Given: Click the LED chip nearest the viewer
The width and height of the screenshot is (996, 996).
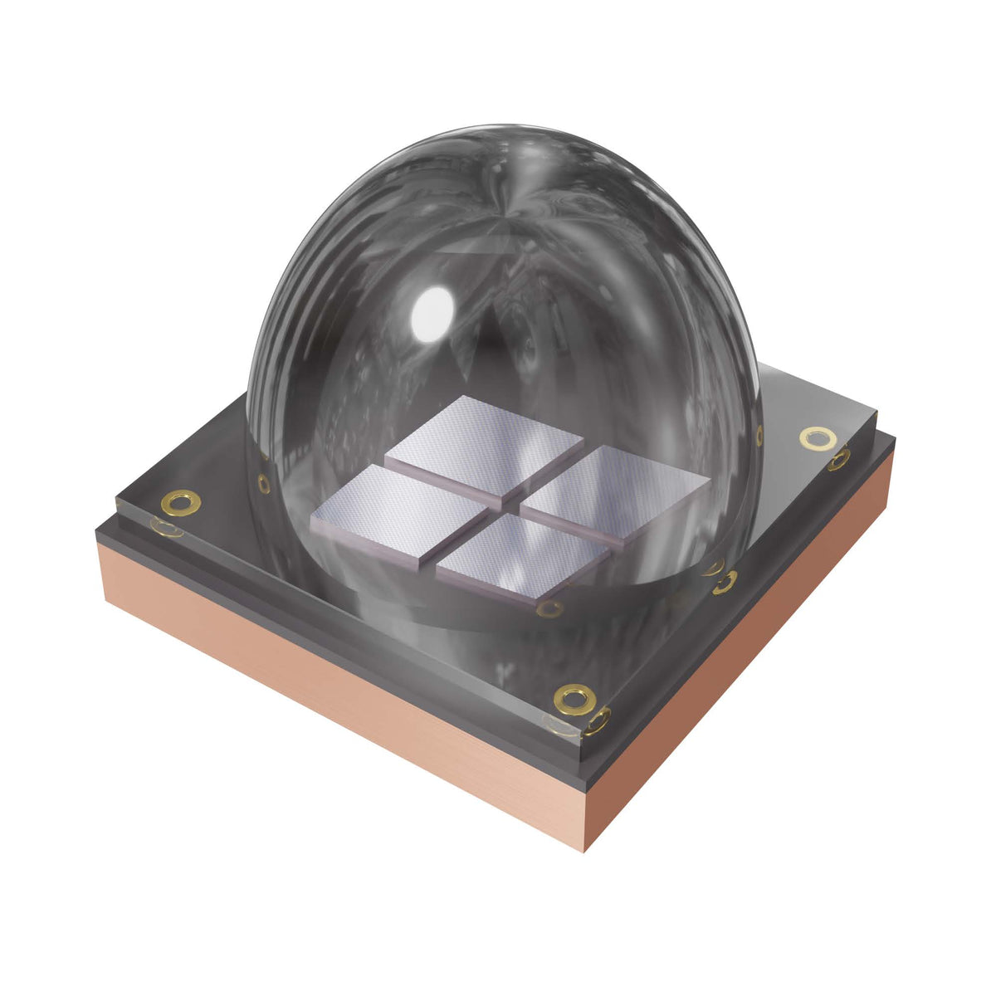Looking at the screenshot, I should click(x=521, y=558).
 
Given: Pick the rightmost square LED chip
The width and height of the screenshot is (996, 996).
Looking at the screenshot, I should click(x=618, y=494).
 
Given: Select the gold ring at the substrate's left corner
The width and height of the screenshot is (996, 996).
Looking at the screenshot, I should click(x=180, y=501).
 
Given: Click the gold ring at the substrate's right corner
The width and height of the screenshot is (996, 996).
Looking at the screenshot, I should click(x=818, y=437).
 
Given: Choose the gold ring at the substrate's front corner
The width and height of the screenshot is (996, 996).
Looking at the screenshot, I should click(x=573, y=698).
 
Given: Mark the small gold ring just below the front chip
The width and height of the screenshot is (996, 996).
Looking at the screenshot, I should click(x=549, y=609).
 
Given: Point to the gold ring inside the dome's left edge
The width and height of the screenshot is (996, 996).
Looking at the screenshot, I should click(x=264, y=483).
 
